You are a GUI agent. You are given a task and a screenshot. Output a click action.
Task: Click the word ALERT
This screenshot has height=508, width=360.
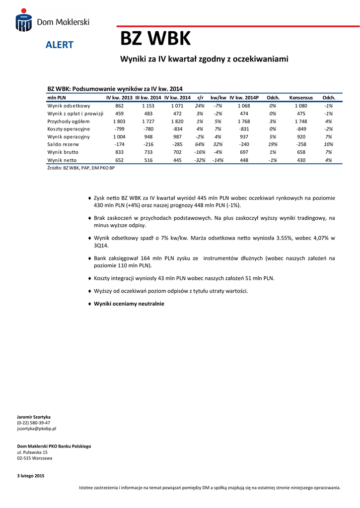tap(59, 45)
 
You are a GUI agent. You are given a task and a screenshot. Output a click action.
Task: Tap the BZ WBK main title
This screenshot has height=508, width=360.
tap(155, 38)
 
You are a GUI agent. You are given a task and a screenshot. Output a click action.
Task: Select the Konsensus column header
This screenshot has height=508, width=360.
tap(301, 98)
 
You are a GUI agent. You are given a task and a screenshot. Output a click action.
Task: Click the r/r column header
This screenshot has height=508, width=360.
tap(201, 98)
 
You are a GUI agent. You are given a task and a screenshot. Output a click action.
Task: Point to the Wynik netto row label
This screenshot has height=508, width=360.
tap(62, 160)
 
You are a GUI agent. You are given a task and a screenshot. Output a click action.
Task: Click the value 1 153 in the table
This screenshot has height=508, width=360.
tap(148, 106)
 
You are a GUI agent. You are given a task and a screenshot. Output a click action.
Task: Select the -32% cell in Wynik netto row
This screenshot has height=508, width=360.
tap(200, 160)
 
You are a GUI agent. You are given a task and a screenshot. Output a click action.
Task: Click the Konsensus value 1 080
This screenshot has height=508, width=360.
tap(301, 106)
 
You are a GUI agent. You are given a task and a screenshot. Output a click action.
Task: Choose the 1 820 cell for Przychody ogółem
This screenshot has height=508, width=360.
tap(177, 121)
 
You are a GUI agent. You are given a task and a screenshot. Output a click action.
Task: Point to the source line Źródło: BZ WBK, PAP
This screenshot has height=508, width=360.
tap(80, 168)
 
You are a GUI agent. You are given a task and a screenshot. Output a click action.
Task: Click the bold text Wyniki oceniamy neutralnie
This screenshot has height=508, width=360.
tap(129, 304)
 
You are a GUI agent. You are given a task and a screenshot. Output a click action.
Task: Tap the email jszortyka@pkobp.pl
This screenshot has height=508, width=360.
tap(37, 428)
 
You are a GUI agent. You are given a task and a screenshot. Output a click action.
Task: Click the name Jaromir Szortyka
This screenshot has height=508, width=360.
tap(34, 417)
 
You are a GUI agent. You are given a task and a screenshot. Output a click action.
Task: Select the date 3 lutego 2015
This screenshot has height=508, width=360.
tap(31, 476)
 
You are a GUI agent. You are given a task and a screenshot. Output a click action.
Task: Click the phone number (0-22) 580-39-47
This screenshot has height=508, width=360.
tap(34, 423)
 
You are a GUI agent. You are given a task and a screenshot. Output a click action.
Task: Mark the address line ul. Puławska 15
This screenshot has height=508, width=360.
tap(32, 452)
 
